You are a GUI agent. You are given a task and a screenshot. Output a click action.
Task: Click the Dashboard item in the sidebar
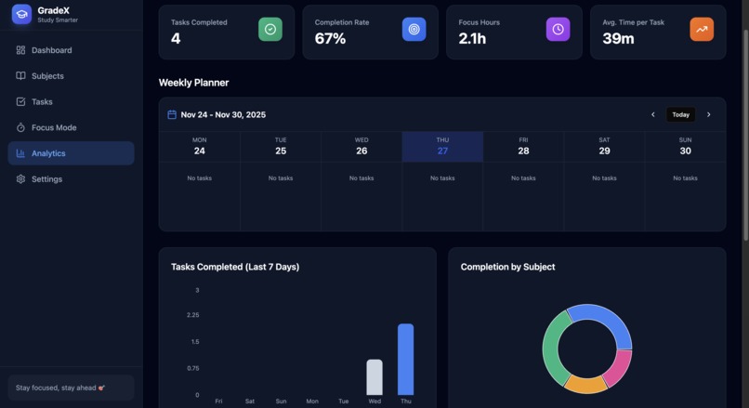tap(51, 50)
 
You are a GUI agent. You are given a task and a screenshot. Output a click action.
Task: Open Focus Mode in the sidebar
tap(53, 127)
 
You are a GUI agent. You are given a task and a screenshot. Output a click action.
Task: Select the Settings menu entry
tap(46, 179)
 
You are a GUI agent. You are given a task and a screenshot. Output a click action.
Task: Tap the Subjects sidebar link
tap(47, 76)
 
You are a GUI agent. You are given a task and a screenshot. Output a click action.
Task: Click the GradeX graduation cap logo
tap(21, 14)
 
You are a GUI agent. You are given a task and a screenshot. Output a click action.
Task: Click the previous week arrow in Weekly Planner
tap(652, 115)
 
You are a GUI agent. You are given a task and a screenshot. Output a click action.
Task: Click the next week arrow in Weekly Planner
tap(709, 115)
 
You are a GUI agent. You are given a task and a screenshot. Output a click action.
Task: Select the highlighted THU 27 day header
tap(442, 147)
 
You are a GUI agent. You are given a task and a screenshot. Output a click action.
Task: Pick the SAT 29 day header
tap(604, 147)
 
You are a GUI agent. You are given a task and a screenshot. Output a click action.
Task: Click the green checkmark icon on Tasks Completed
tap(270, 29)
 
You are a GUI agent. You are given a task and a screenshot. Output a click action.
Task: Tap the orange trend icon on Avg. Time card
tap(702, 29)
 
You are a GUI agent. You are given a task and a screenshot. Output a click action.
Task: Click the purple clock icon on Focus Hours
tap(558, 29)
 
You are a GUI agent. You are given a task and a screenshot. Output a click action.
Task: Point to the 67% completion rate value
tap(330, 39)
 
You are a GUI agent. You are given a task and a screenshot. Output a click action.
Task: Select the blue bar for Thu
tap(405, 360)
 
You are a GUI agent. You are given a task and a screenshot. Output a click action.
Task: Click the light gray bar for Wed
tap(374, 377)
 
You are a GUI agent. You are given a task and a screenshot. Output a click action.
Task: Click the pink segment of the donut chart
tap(619, 367)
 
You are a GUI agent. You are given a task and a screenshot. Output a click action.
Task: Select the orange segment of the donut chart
tap(585, 385)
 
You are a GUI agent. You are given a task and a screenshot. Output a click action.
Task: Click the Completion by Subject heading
tap(507, 267)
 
